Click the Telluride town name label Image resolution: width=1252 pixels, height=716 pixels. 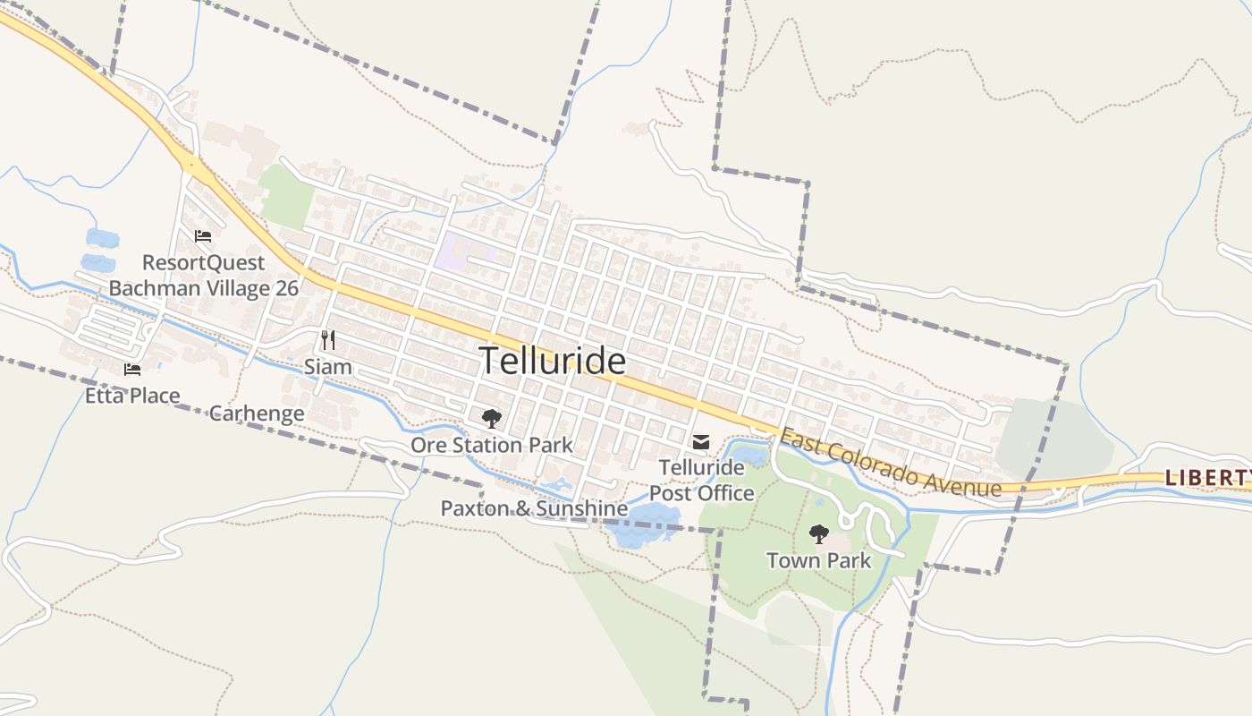[x=553, y=361]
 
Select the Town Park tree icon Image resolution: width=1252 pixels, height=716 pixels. [x=818, y=534]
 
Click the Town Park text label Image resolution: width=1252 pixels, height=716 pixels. [x=818, y=561]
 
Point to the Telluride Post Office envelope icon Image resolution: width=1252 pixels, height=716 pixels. [x=701, y=442]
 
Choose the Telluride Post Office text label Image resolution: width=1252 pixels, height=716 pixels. [x=701, y=481]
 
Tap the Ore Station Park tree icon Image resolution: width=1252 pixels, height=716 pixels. [x=491, y=419]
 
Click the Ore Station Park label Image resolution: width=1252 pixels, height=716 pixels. [x=491, y=445]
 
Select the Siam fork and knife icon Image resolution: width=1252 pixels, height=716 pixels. [x=328, y=340]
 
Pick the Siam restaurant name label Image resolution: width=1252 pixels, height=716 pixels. [x=328, y=367]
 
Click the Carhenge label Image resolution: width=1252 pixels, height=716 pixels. [x=257, y=413]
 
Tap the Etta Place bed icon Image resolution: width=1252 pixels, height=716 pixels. [x=132, y=369]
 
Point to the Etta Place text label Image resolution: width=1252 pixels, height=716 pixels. [x=132, y=396]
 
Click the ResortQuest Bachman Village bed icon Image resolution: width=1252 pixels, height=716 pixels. [x=203, y=236]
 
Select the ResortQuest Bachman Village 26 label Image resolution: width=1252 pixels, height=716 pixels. [x=204, y=276]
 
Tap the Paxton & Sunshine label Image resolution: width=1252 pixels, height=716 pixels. [x=534, y=508]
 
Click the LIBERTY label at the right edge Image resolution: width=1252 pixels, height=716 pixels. [x=1207, y=478]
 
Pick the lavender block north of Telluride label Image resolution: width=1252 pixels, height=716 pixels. [x=462, y=251]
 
